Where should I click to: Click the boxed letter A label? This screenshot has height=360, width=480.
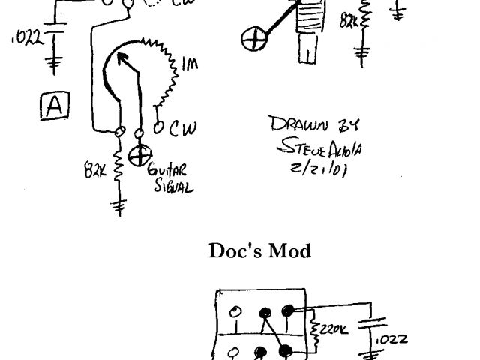54,107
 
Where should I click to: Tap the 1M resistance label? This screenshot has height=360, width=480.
190,66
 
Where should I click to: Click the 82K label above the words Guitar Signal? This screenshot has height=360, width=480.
95,171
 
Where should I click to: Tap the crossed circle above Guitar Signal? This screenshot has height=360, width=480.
139,156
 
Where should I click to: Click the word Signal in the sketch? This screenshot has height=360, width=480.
173,186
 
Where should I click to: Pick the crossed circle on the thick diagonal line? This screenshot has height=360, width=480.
256,39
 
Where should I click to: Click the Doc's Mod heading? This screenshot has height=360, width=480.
259,250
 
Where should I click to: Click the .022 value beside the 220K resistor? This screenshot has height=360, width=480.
391,339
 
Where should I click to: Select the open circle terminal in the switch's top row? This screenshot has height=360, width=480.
235,311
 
